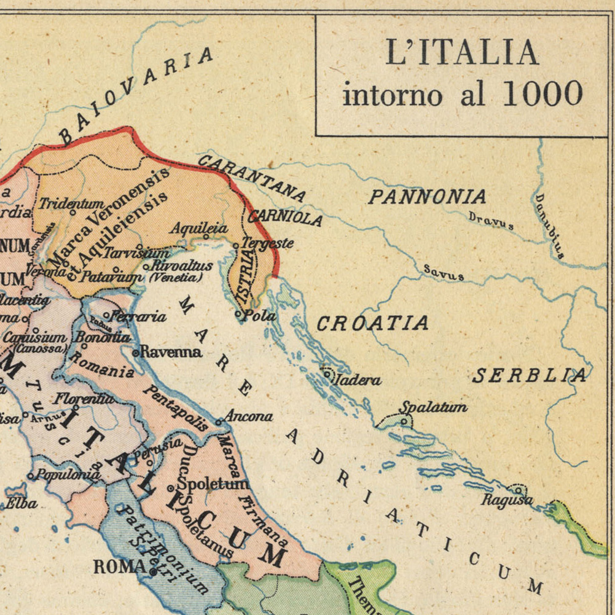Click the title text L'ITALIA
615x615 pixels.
pos(461,53)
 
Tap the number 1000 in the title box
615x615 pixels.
pos(542,95)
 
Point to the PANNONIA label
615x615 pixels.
pos(427,197)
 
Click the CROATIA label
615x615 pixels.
pos(372,323)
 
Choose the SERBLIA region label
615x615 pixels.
pos(529,375)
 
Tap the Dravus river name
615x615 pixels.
pos(490,221)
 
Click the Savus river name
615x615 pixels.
pos(443,273)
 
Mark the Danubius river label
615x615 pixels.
pos(549,225)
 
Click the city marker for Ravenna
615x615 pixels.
pos(136,353)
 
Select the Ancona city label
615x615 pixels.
pos(248,417)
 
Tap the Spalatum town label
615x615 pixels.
pos(433,407)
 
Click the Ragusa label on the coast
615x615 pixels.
pos(506,500)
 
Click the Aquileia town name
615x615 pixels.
pos(199,229)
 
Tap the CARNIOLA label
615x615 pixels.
pos(284,217)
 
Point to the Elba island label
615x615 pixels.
pos(22,504)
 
